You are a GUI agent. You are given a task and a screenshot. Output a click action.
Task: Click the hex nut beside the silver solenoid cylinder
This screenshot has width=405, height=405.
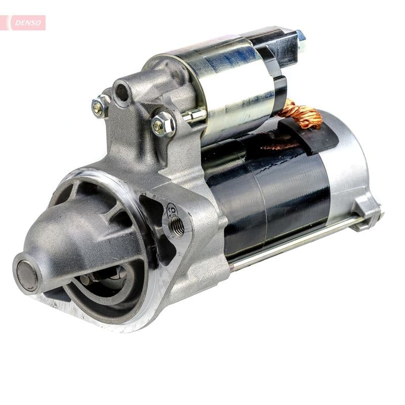click(x=163, y=124)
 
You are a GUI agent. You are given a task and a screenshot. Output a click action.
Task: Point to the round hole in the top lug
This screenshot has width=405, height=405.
click(x=122, y=93)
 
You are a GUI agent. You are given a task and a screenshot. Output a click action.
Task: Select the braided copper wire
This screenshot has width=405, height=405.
click(x=304, y=114)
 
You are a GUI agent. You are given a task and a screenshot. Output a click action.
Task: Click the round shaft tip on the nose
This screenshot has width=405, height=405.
click(x=27, y=275)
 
